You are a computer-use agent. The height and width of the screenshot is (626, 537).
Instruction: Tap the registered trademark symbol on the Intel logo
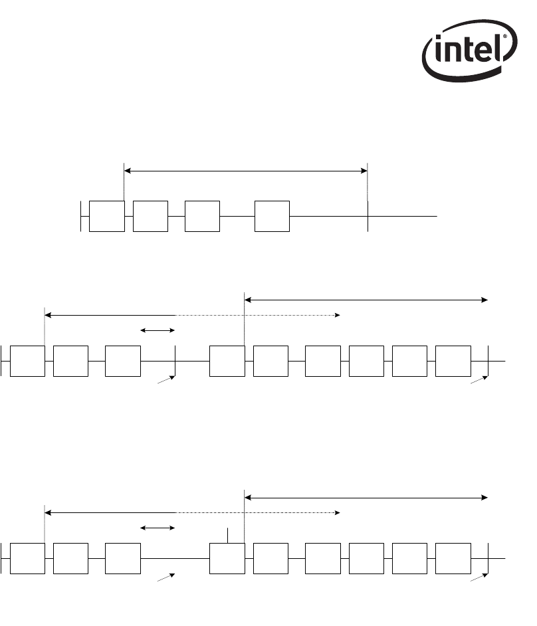(x=506, y=37)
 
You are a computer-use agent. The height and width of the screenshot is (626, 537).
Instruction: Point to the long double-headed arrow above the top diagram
(x=246, y=171)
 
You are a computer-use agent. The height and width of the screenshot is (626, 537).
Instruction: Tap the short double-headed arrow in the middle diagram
(x=158, y=330)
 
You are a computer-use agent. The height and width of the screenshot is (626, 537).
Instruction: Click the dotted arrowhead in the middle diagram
(x=337, y=315)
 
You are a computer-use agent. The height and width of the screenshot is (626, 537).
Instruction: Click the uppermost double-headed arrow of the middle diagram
(x=366, y=300)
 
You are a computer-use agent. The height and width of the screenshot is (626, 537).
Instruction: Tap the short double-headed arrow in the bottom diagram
(x=158, y=528)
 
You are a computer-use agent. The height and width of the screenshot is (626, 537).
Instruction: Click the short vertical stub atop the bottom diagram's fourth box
(x=229, y=535)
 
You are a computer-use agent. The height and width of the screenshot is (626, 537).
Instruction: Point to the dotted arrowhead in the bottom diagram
(x=337, y=513)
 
